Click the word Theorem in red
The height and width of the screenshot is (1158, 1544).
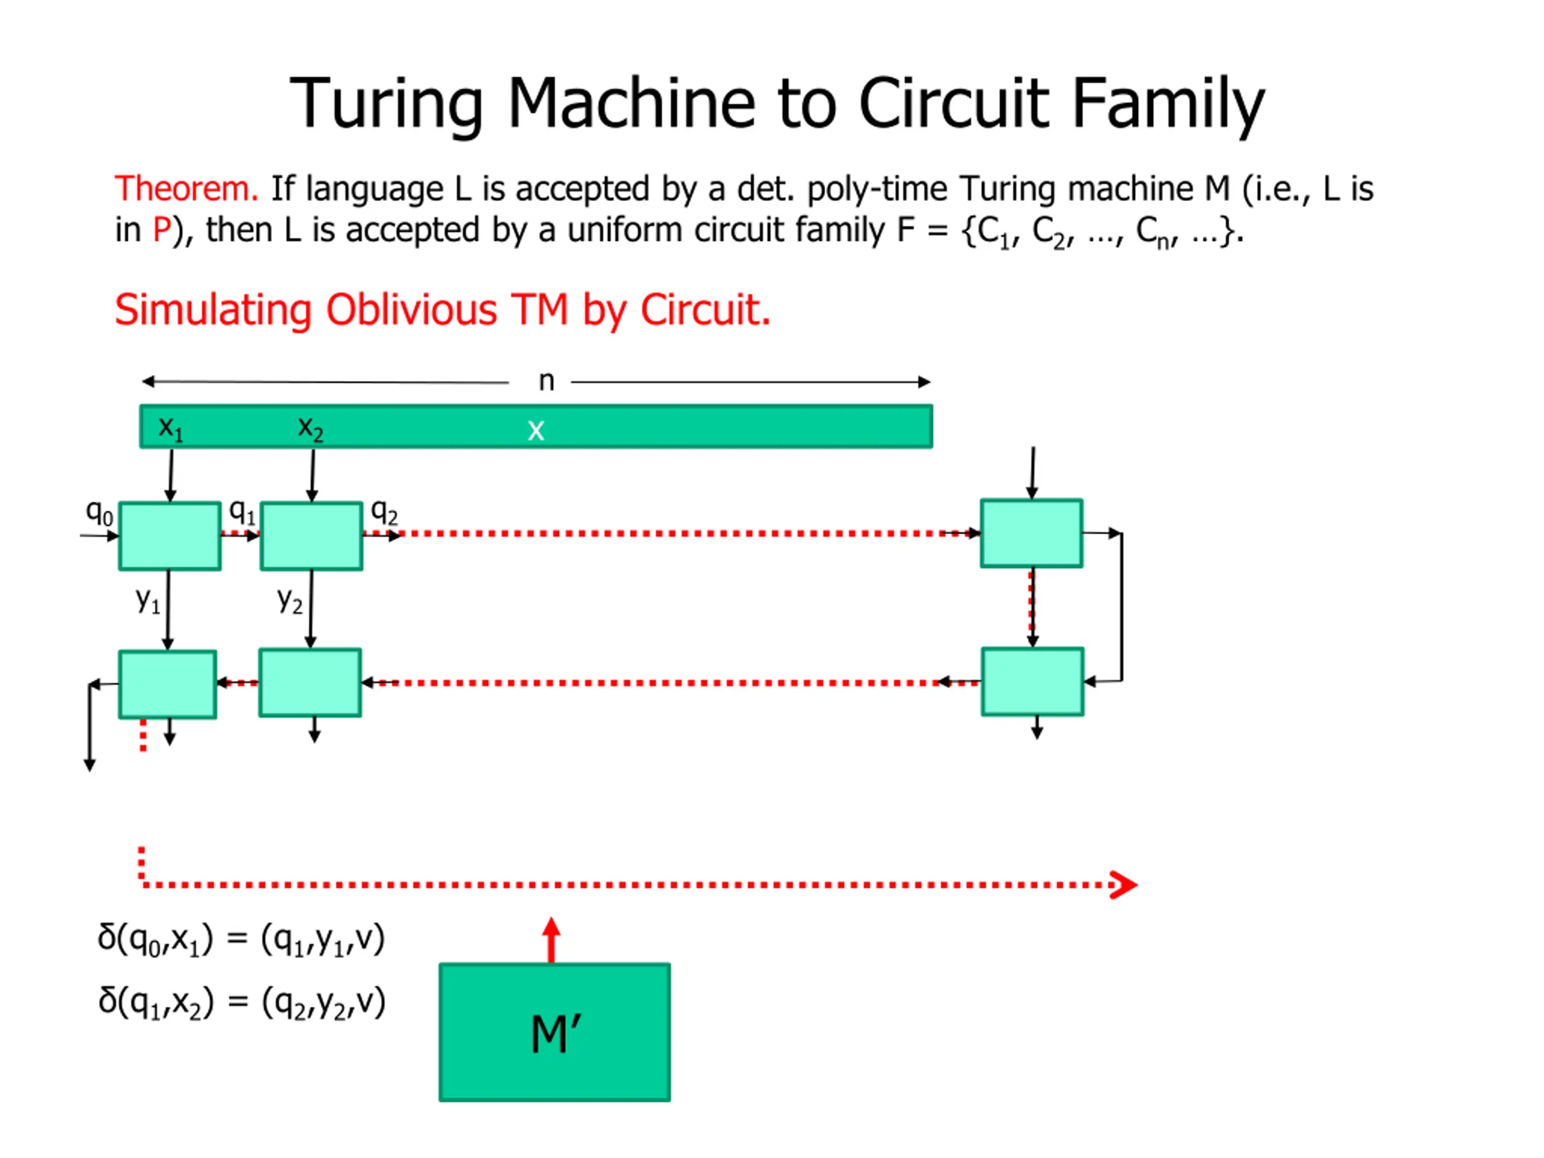pos(186,189)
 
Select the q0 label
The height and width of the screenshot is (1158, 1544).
pos(99,513)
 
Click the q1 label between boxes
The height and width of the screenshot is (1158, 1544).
pos(241,512)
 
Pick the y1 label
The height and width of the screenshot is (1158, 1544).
pos(147,600)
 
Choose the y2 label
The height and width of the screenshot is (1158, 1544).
pos(289,600)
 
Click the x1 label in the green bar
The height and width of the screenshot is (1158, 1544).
pos(170,427)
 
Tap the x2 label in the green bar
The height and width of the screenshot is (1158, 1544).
pos(310,427)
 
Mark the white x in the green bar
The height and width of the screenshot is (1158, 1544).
pos(536,430)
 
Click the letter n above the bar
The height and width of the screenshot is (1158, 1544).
pos(546,381)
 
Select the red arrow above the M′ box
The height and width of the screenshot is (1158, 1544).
pos(551,939)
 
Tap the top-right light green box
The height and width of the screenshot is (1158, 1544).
pos(1031,533)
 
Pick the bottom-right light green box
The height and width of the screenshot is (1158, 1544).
pos(1032,682)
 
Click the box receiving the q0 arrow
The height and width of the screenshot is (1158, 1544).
pos(169,536)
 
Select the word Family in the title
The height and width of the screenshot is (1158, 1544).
pos(1167,103)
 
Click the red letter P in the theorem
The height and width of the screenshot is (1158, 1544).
pos(161,230)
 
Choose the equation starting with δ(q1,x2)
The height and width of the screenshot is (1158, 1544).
pos(241,1003)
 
